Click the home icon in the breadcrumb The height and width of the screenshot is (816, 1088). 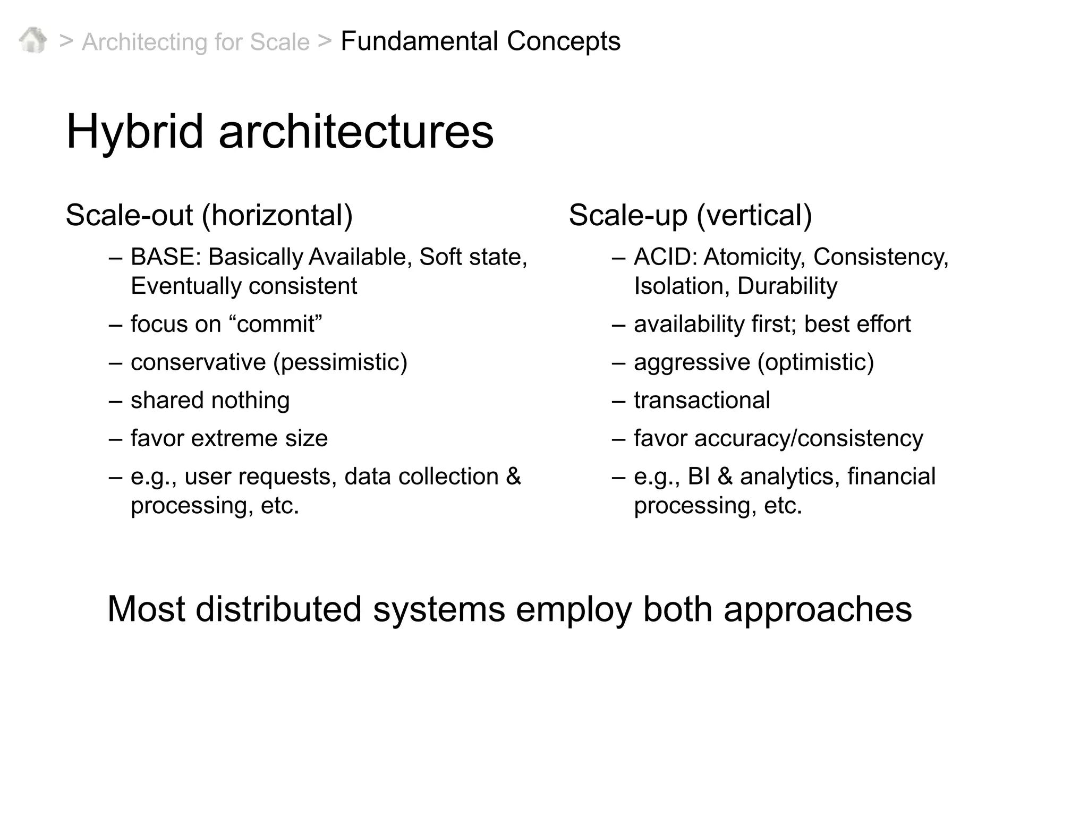[x=32, y=40]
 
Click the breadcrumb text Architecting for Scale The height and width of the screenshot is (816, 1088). [x=195, y=42]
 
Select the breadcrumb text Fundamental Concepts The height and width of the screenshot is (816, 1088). [x=480, y=41]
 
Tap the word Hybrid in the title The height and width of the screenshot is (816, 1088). [x=135, y=132]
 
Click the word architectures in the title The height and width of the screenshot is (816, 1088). [x=356, y=132]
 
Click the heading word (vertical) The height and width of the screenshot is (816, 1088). [x=754, y=216]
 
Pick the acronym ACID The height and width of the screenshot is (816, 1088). [x=665, y=257]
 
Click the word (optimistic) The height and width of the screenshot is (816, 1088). [x=815, y=362]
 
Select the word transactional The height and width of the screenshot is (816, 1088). [x=702, y=401]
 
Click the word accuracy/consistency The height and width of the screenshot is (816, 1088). [x=809, y=439]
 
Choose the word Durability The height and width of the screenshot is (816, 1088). [x=787, y=286]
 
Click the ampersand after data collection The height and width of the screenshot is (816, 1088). [x=513, y=477]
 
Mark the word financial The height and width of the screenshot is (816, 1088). [x=891, y=477]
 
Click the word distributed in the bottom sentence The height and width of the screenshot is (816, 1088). [x=278, y=609]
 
